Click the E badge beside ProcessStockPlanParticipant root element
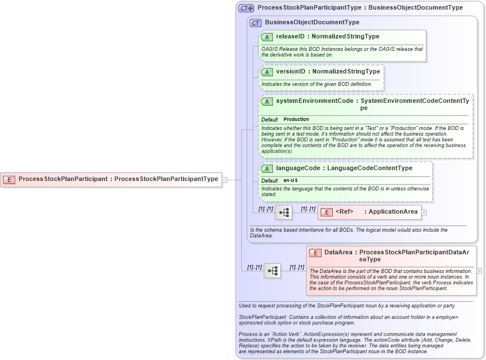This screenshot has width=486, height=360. [x=9, y=179]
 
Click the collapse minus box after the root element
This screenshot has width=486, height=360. [x=225, y=180]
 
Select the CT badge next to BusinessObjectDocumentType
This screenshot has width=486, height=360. [x=255, y=23]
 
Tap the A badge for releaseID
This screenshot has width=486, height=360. [x=267, y=37]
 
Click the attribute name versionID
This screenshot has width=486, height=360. [x=290, y=72]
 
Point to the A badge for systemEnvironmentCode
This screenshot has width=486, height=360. [x=267, y=101]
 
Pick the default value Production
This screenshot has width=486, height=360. [x=296, y=119]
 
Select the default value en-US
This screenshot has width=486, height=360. [x=290, y=180]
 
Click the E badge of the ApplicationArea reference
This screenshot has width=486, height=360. [x=326, y=212]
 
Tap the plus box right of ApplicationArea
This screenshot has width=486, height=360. [x=424, y=212]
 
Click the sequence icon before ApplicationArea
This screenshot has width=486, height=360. [x=284, y=212]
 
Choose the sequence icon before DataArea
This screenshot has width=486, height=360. [x=272, y=271]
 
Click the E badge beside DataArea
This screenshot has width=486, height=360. [x=315, y=253]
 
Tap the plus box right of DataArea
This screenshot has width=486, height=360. [x=479, y=271]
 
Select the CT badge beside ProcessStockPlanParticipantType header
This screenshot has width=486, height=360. [x=246, y=8]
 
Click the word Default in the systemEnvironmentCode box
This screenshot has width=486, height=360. [x=270, y=119]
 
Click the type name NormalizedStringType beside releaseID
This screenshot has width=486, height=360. [x=346, y=37]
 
